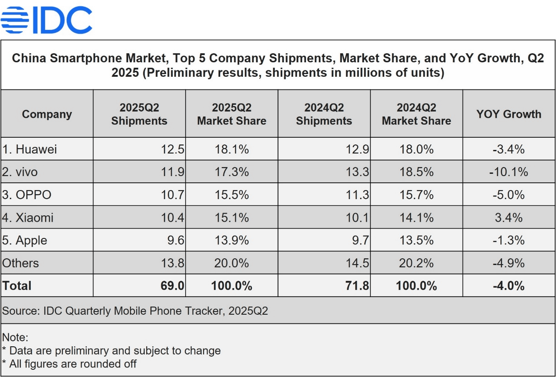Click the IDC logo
pos(46,19)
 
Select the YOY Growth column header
pos(509,114)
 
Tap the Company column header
pos(47,114)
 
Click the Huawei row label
pos(30,149)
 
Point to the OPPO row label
pos(27,195)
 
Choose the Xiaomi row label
pos(28,218)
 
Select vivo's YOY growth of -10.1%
pos(509,172)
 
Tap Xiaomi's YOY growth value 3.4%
pos(509,218)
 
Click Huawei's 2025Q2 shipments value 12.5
pos(173,149)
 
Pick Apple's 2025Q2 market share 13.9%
pos(232,240)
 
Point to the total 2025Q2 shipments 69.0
pos(173,286)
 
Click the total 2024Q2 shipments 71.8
pos(357,286)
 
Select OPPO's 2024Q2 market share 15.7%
pos(416,195)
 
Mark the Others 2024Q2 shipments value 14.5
pos(358,263)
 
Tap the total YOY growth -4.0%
pos(509,286)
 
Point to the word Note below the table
pos(15,337)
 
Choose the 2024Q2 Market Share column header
pos(416,114)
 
